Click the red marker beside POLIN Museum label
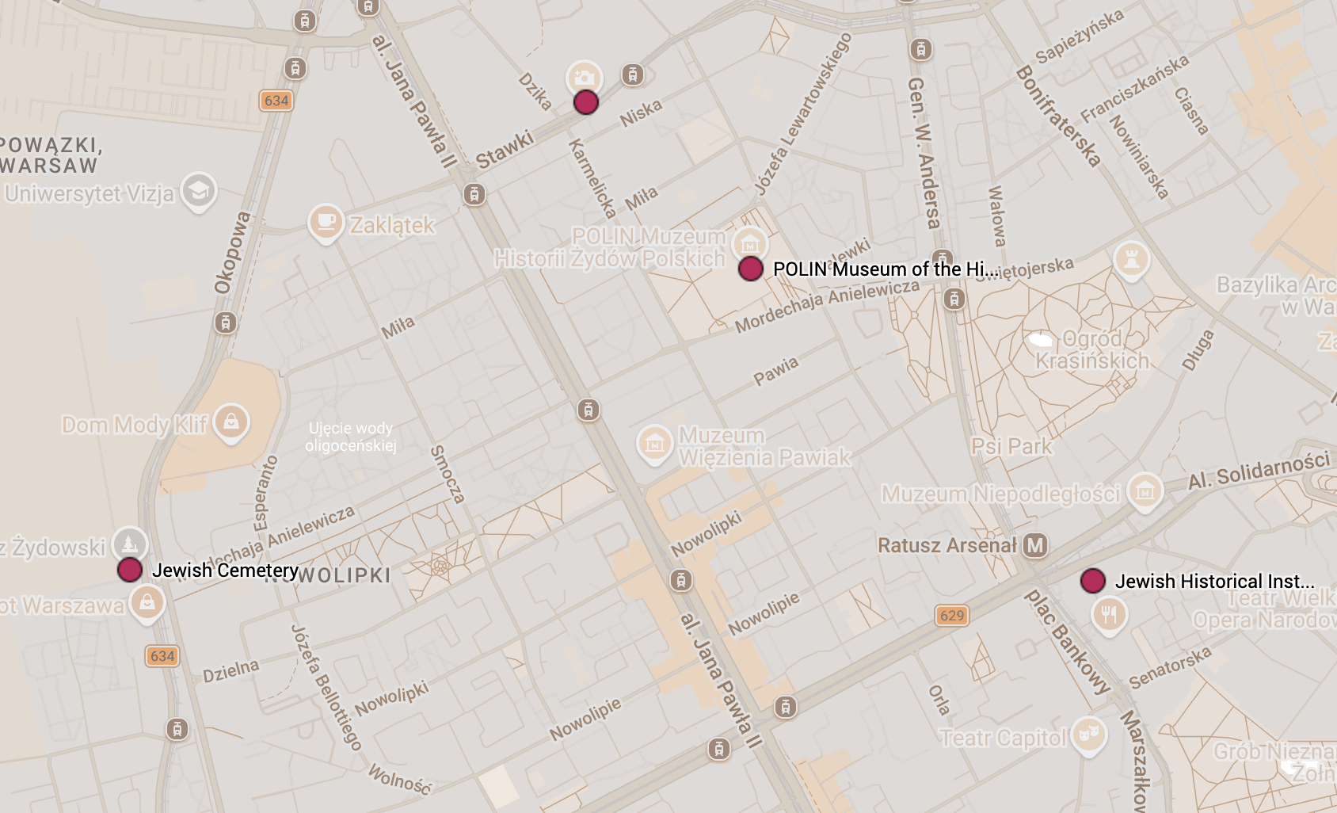(750, 269)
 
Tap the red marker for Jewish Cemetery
(130, 569)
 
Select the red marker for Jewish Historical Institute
(1092, 580)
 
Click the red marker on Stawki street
(585, 102)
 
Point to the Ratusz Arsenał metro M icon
(1034, 545)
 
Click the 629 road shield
(951, 616)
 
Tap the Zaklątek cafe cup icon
(325, 221)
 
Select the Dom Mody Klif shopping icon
(230, 422)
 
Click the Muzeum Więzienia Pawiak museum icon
(654, 444)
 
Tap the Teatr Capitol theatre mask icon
(1088, 734)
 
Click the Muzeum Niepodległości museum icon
(1145, 491)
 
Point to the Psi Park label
(1011, 447)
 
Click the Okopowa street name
(232, 252)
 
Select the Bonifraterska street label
(1058, 116)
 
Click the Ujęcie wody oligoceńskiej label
(351, 437)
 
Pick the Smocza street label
(447, 474)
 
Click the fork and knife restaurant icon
(1109, 614)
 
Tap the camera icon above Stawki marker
(584, 78)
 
